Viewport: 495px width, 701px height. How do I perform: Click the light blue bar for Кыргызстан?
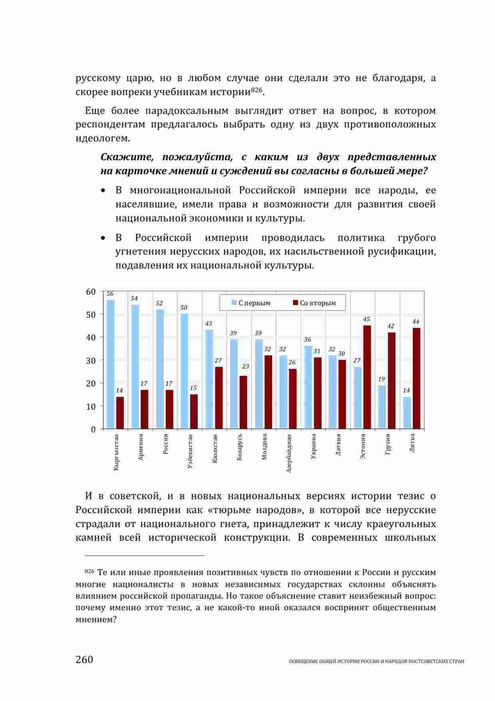pos(111,364)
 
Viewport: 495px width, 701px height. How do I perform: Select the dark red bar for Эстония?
pos(367,377)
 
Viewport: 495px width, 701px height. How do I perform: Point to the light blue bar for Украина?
pos(308,387)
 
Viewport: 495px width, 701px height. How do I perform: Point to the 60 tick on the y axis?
pos(91,292)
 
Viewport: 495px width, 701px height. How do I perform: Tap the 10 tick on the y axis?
pos(91,406)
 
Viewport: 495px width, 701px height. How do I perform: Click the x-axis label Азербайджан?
pos(289,453)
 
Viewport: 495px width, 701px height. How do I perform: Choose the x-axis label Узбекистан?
pos(190,451)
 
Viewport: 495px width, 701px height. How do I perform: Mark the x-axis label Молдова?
pos(264,446)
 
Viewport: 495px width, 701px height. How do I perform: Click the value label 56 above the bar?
pos(110,294)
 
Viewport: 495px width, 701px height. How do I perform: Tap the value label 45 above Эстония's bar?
pos(366,319)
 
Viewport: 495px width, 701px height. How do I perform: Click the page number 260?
pos(84,659)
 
